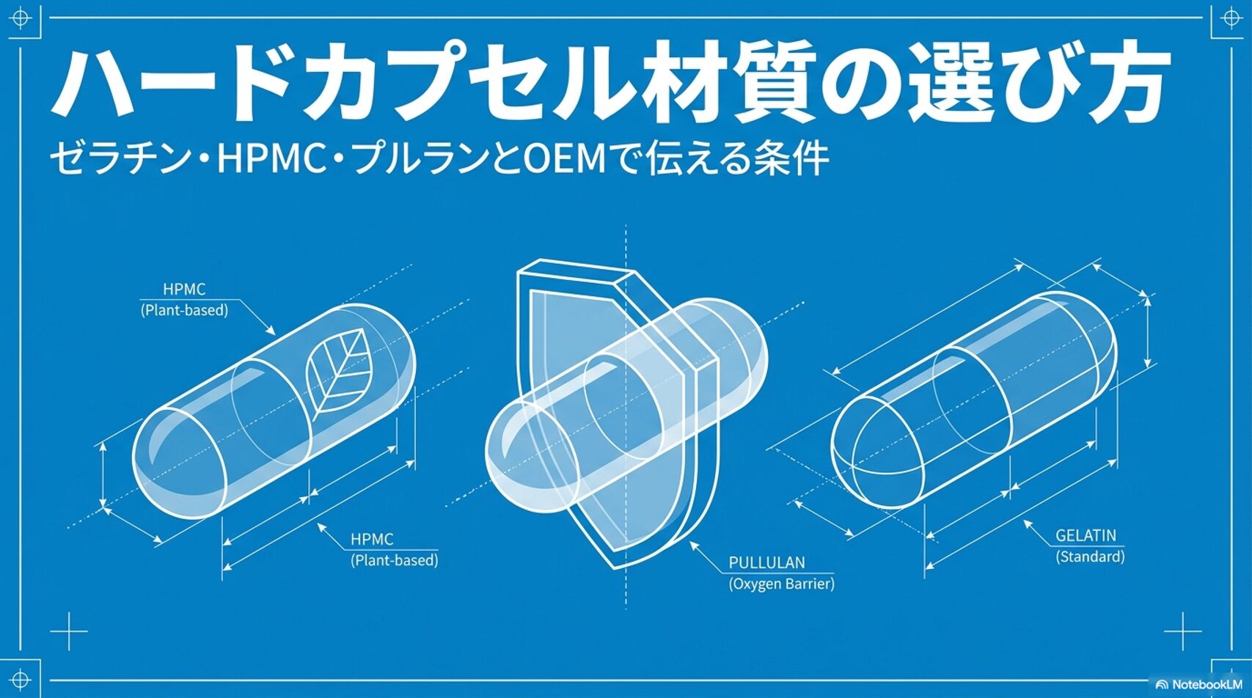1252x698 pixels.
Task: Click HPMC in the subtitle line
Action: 272,159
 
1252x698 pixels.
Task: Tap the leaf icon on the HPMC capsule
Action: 340,373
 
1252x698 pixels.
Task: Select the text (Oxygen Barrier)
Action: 781,584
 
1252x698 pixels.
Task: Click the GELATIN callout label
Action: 1086,535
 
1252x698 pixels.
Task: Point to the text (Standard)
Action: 1090,556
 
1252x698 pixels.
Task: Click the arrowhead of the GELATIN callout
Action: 1027,523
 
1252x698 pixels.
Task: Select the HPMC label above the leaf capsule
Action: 184,290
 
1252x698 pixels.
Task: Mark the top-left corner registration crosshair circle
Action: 20,18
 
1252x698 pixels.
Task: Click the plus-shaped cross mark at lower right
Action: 1183,631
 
